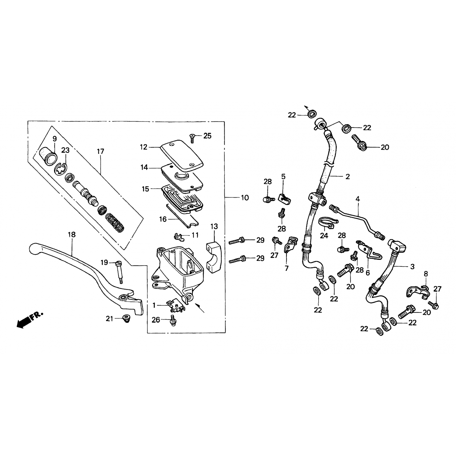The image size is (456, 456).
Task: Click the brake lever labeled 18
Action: [x=91, y=274]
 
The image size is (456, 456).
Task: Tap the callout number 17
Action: [x=100, y=151]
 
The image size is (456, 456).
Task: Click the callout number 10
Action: [x=245, y=198]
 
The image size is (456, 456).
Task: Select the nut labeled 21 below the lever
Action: [x=125, y=319]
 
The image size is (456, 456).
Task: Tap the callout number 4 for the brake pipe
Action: [x=358, y=199]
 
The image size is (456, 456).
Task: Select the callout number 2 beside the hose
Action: [x=348, y=177]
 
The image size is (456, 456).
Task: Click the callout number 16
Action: [x=163, y=219]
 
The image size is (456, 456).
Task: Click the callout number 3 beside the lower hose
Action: [x=412, y=267]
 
